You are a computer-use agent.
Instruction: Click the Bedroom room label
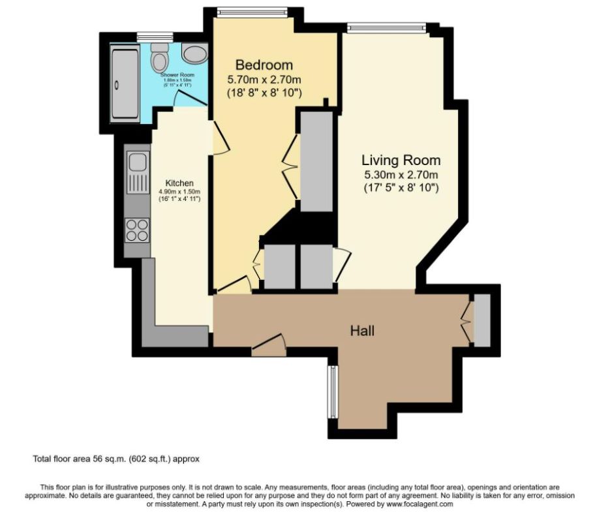(264, 65)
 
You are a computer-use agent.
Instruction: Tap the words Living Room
(401, 160)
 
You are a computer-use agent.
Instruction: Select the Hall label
(363, 331)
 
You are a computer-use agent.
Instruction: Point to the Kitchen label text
(179, 183)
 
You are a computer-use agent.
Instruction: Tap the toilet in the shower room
(159, 60)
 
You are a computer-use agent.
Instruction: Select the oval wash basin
(193, 54)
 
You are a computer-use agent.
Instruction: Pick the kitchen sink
(138, 170)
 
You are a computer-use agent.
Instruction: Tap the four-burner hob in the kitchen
(138, 229)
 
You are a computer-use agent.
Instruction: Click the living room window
(386, 27)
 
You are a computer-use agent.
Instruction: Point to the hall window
(333, 391)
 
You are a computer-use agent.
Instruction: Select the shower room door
(188, 99)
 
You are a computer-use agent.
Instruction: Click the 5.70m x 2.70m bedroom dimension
(264, 80)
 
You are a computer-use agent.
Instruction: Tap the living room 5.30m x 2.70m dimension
(401, 174)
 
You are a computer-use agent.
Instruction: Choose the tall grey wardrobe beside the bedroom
(317, 161)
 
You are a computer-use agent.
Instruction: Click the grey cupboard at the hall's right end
(481, 320)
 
